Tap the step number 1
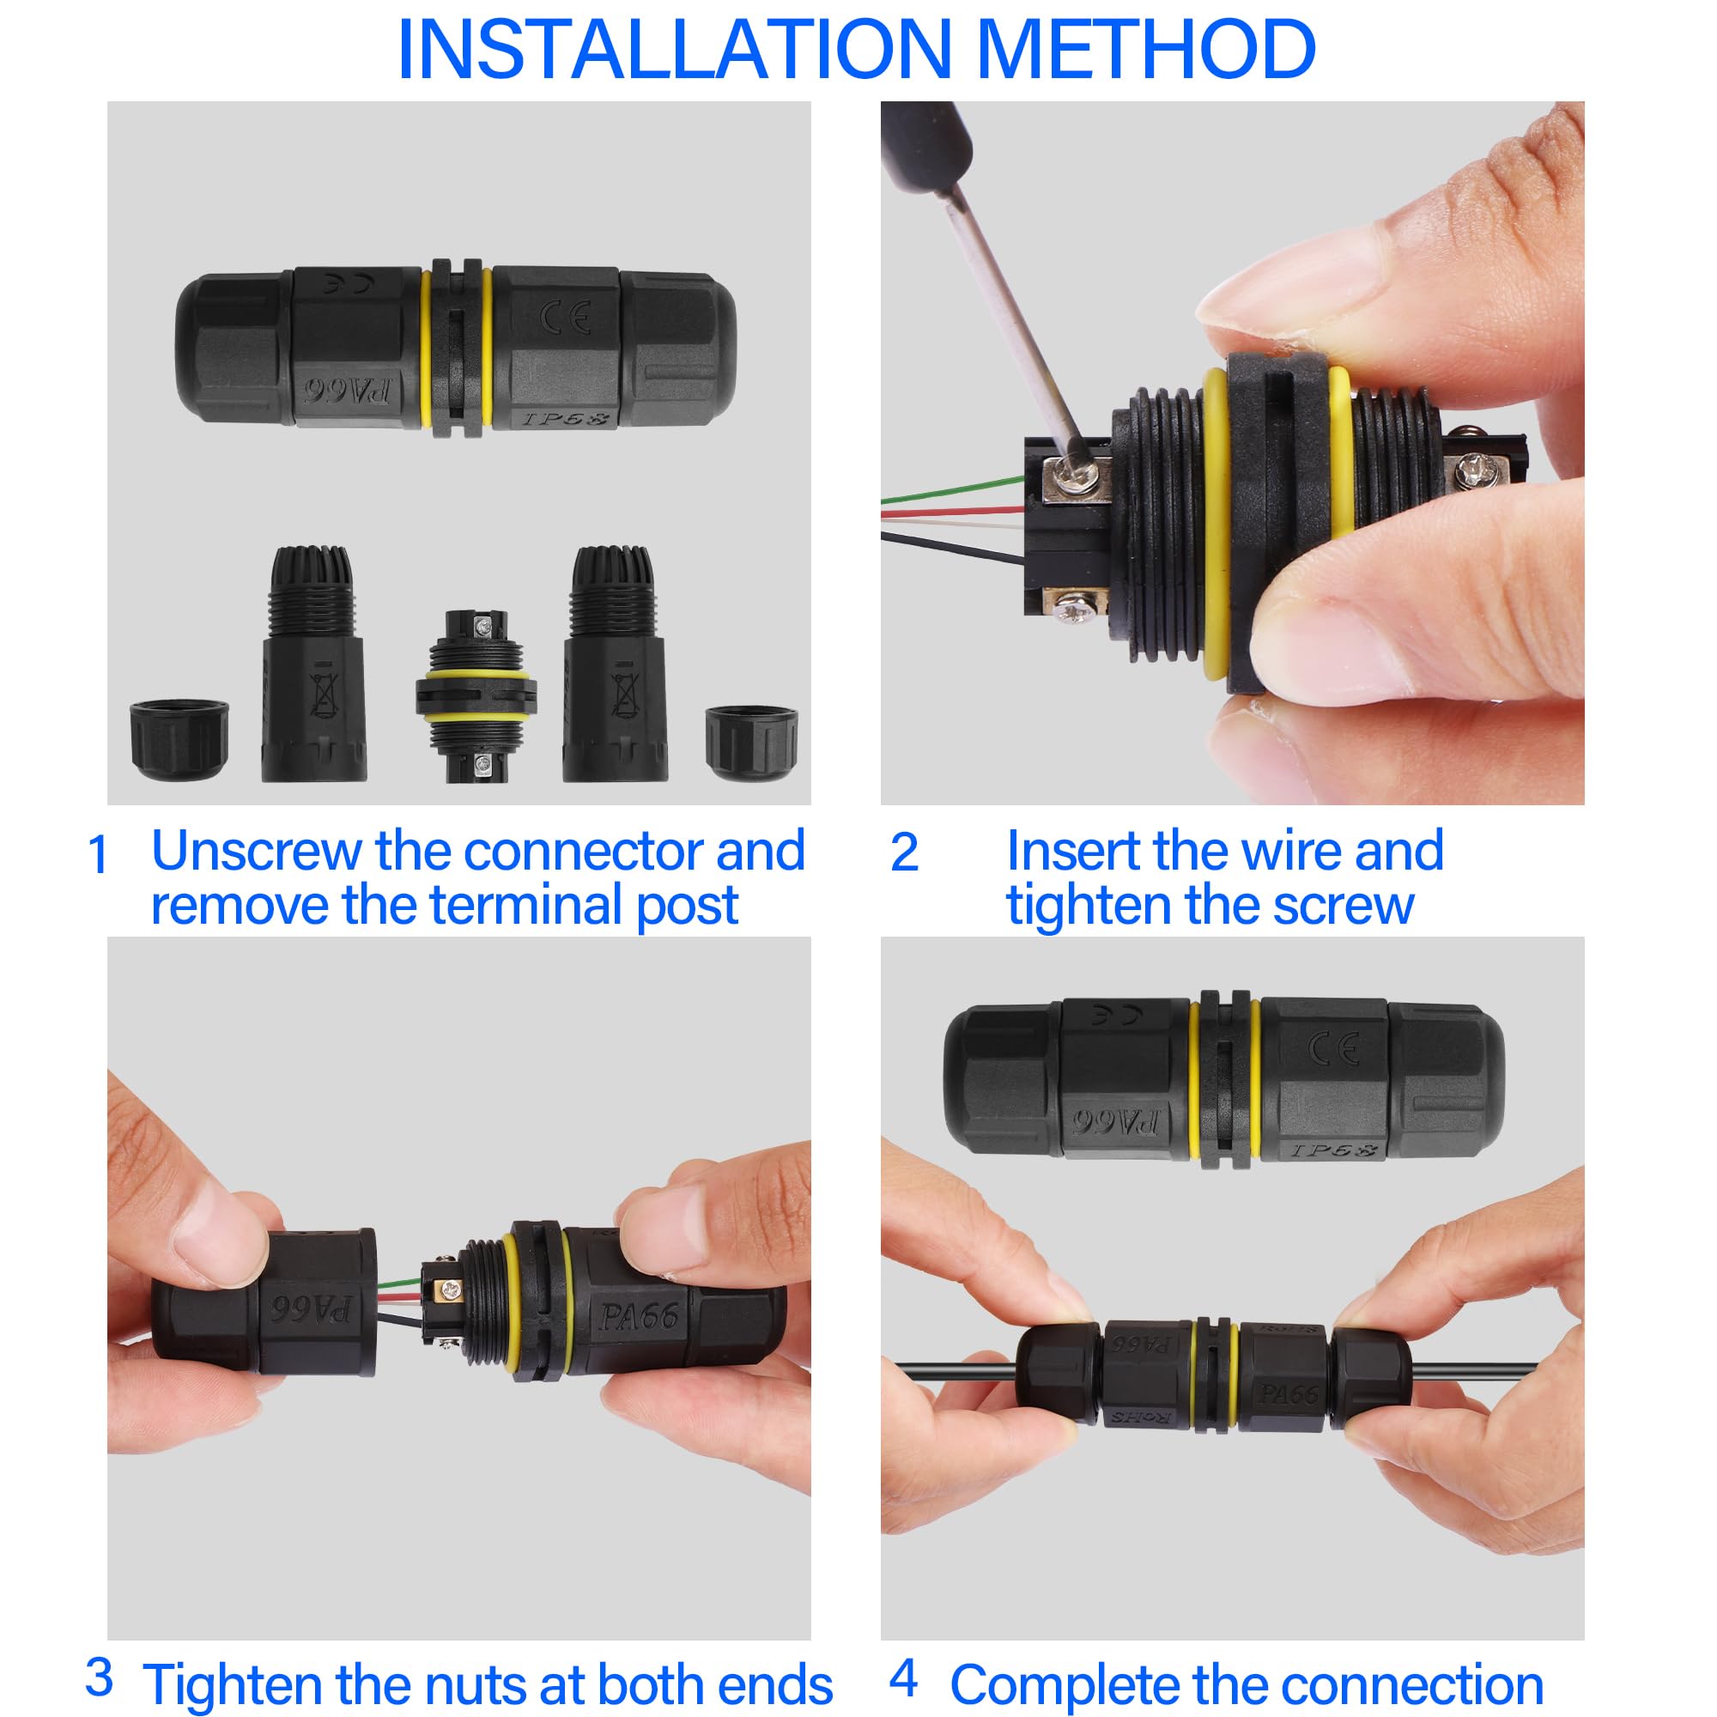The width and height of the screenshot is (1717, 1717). tap(98, 855)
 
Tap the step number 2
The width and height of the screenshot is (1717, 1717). tap(904, 853)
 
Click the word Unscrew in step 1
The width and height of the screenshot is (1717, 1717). tap(259, 851)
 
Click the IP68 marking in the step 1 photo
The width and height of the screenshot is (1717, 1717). tap(565, 417)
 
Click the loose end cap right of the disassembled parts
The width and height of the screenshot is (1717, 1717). tap(751, 743)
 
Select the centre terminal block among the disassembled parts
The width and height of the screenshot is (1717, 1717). tap(476, 695)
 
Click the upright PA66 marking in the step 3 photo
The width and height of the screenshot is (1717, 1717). tap(639, 1316)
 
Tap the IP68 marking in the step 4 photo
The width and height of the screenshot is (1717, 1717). tap(1333, 1150)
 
